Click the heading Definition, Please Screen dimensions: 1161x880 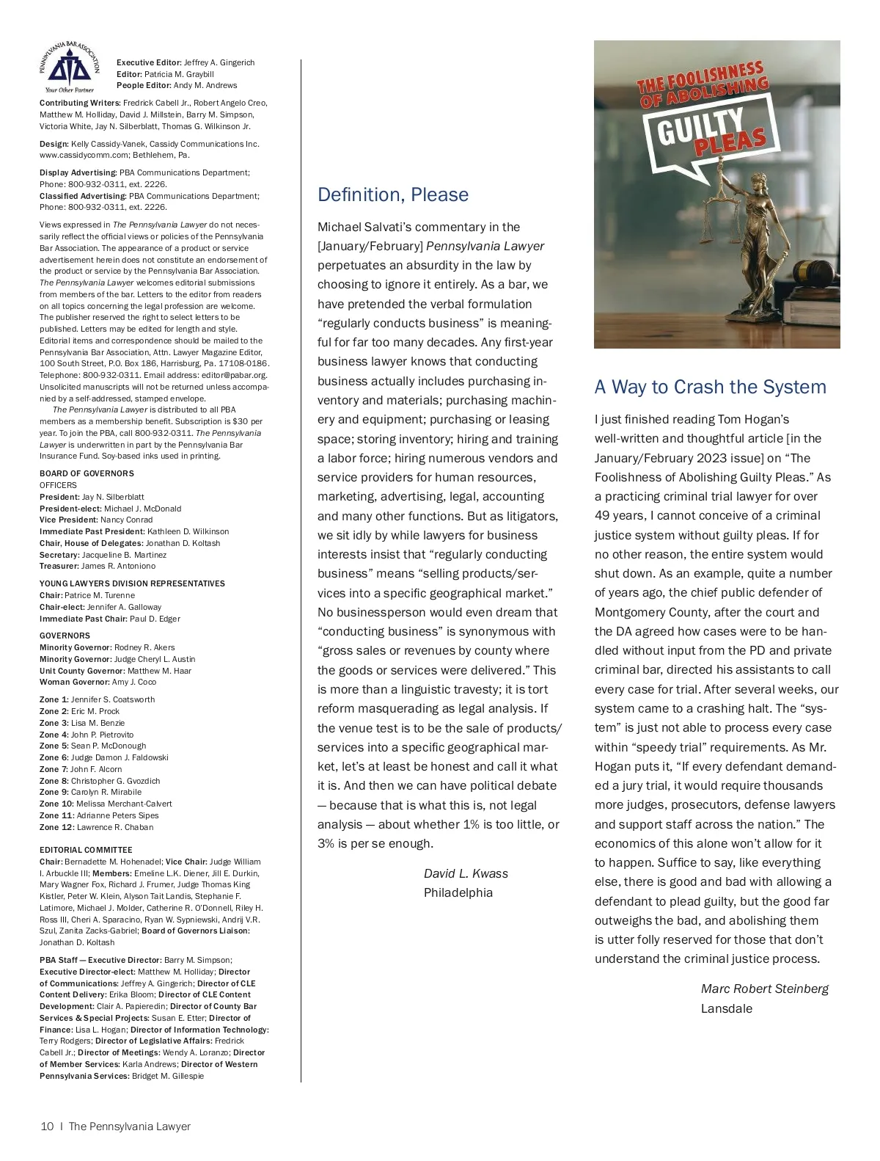click(x=392, y=194)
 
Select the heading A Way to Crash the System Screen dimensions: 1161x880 click(x=710, y=387)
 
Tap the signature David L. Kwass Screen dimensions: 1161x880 click(x=466, y=873)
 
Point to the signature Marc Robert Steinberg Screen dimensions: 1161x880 click(x=764, y=989)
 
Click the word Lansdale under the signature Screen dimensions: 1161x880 click(x=726, y=1008)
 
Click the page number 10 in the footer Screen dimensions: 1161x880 click(x=47, y=1127)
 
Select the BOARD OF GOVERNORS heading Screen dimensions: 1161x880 click(x=87, y=473)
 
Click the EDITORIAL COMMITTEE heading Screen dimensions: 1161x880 click(x=86, y=850)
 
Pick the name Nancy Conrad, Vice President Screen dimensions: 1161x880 click(x=126, y=520)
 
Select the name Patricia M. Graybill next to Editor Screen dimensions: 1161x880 click(x=179, y=74)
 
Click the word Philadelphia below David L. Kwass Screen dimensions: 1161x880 click(x=458, y=892)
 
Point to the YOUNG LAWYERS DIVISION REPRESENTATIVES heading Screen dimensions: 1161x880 click(x=132, y=583)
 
